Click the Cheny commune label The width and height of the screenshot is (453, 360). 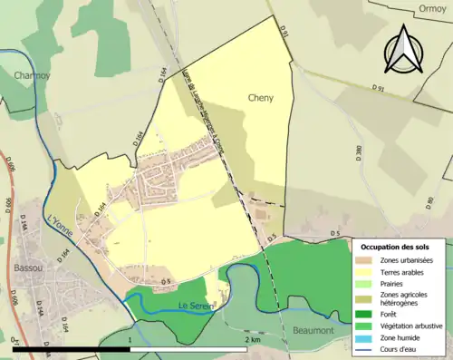tap(260, 97)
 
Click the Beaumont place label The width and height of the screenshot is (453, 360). tap(313, 332)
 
